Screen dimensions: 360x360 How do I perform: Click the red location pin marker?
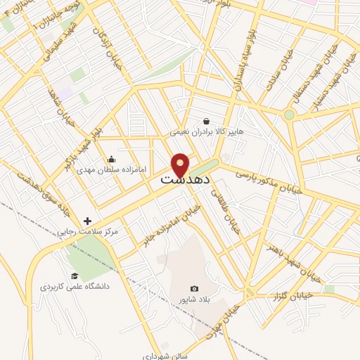(181, 165)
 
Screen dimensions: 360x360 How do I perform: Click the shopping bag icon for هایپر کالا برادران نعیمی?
(205, 121)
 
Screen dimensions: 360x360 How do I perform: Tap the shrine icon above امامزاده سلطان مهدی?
(111, 160)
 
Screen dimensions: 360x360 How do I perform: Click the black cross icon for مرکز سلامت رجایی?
(87, 221)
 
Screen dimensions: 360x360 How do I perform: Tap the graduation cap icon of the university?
(75, 276)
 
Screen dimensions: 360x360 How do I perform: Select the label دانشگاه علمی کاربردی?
(77, 287)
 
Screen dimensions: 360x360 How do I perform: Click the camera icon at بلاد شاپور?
(195, 288)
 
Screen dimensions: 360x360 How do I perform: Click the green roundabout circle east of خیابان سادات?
(289, 114)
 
